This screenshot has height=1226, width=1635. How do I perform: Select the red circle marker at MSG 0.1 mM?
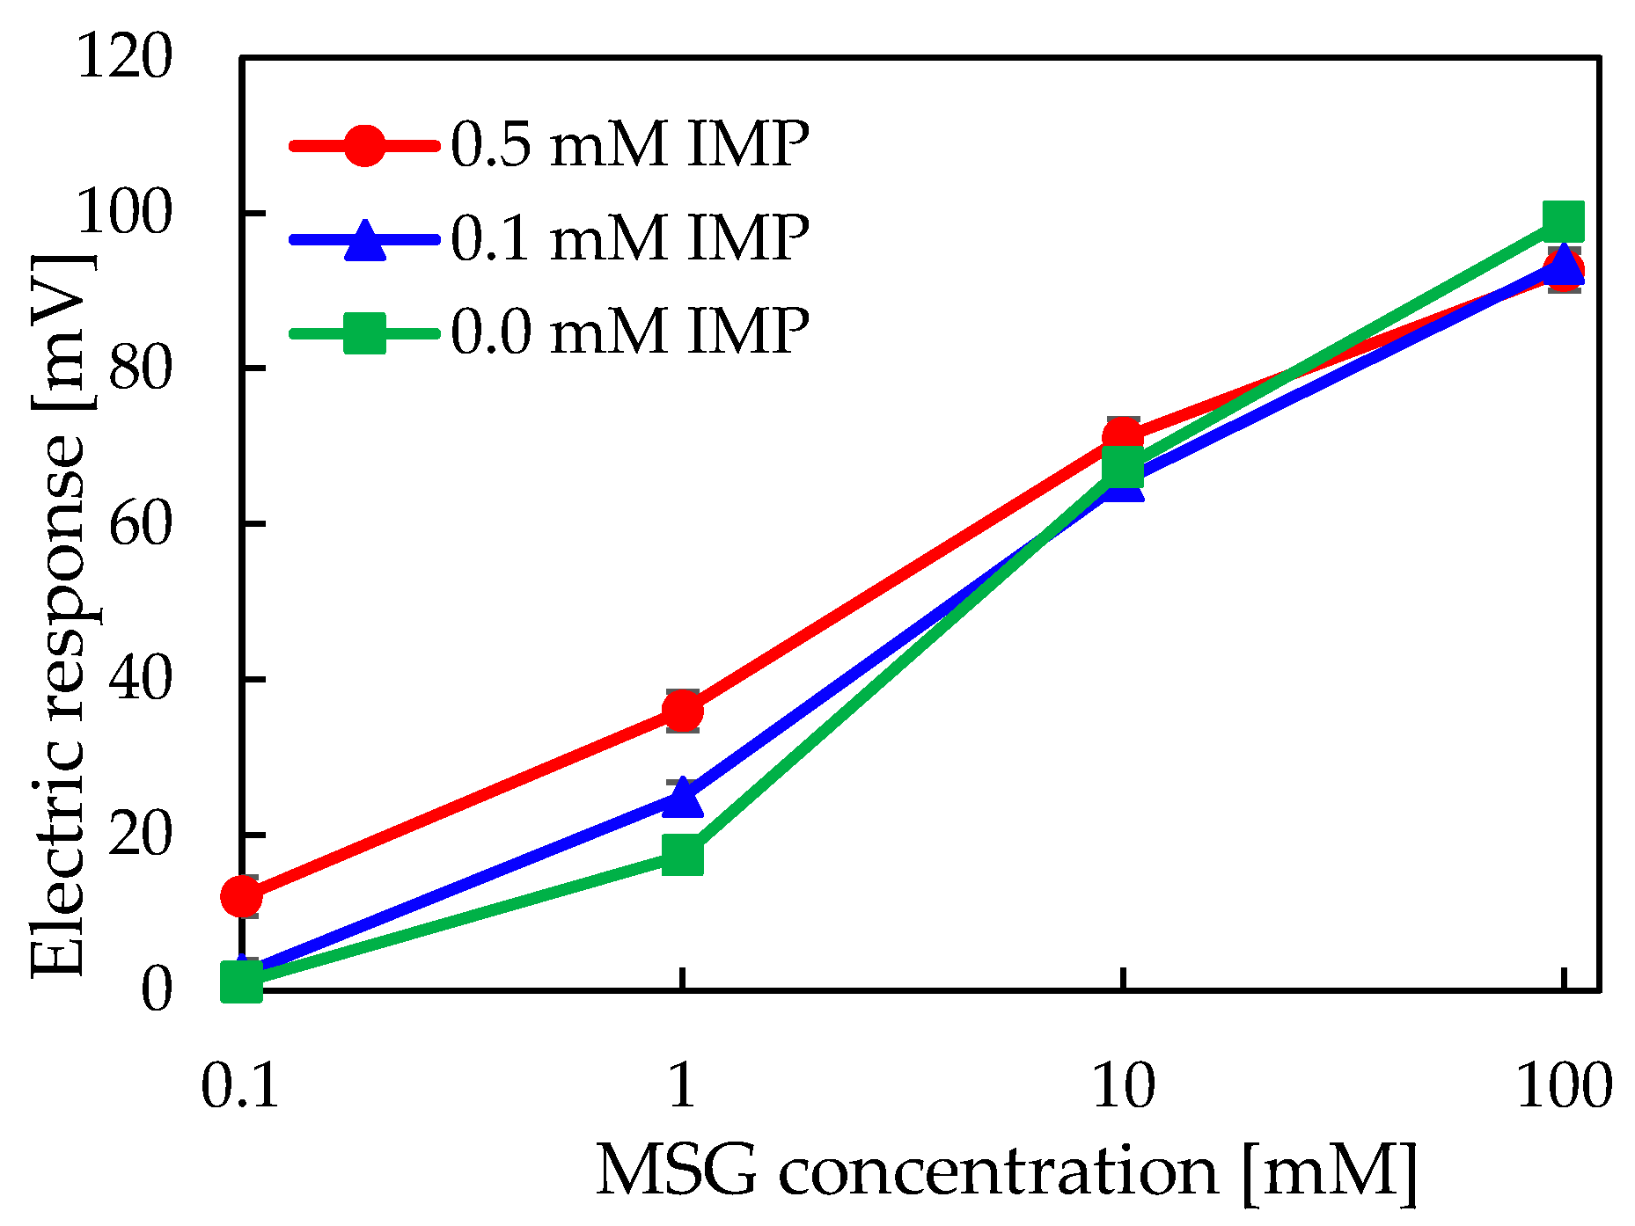click(x=241, y=896)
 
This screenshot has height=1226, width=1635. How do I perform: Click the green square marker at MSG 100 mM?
click(x=1564, y=221)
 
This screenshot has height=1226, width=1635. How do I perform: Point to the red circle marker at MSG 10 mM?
click(x=1122, y=437)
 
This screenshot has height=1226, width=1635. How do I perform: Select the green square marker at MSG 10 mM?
click(x=1122, y=468)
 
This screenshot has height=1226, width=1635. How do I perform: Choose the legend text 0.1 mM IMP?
click(x=629, y=237)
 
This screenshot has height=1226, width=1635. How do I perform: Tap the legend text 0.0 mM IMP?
click(x=629, y=332)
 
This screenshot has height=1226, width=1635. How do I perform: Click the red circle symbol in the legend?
click(x=363, y=145)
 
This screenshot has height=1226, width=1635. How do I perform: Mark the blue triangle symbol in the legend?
click(x=363, y=239)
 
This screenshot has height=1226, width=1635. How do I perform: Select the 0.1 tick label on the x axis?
click(x=239, y=1087)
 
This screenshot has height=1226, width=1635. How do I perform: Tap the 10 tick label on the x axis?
click(x=1122, y=1087)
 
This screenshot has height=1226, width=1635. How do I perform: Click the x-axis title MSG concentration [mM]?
click(x=1007, y=1171)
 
